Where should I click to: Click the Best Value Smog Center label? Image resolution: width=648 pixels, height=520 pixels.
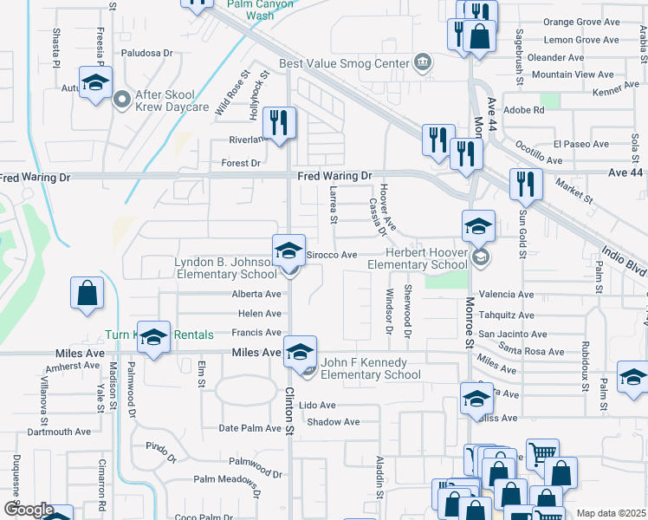pyautogui.click(x=344, y=64)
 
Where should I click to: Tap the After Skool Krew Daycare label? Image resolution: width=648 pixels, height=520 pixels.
pyautogui.click(x=172, y=101)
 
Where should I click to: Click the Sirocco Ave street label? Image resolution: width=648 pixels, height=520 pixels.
pyautogui.click(x=334, y=255)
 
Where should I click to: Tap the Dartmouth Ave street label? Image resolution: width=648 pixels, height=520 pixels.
pyautogui.click(x=59, y=432)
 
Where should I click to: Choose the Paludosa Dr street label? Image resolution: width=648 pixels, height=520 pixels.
pyautogui.click(x=147, y=53)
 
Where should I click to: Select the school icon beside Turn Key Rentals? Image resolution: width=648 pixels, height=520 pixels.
pyautogui.click(x=153, y=336)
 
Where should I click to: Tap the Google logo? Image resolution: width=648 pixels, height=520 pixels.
pyautogui.click(x=29, y=510)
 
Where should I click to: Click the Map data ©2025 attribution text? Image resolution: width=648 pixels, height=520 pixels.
pyautogui.click(x=611, y=513)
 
